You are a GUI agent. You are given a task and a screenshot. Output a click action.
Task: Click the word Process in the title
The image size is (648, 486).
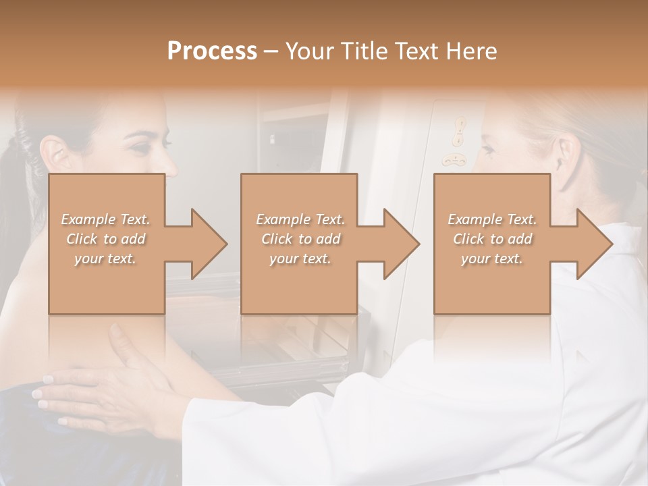[212, 51]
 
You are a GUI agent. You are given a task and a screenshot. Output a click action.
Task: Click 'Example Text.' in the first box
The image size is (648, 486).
[105, 219]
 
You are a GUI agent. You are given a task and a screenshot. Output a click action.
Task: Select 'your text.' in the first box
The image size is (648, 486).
[105, 259]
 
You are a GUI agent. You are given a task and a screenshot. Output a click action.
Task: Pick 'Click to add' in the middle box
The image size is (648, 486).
[300, 239]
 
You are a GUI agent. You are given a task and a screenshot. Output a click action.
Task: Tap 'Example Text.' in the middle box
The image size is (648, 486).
[300, 219]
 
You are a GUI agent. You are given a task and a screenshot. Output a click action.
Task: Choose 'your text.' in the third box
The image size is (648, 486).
[491, 259]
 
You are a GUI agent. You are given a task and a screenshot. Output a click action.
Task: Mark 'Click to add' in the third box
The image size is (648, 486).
[491, 239]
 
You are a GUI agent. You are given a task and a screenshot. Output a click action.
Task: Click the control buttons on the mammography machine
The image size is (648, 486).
[458, 142]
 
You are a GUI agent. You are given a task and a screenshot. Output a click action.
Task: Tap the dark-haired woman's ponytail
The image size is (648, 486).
[17, 162]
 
